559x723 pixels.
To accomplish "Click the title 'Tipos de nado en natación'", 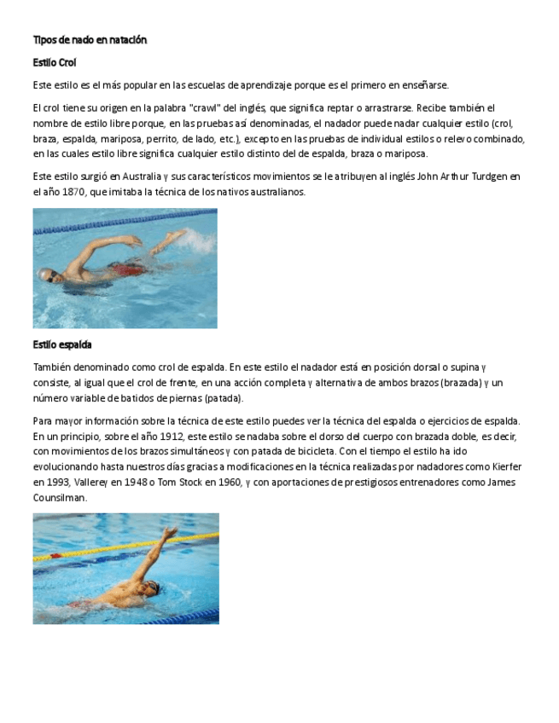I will [90, 40].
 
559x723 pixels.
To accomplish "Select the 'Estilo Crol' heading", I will [55, 62].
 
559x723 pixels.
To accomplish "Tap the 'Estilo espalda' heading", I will [62, 344].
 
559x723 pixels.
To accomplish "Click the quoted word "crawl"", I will [241, 108].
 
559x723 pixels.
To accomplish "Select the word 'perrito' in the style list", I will [161, 139].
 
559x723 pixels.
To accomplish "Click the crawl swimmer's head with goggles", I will [48, 275].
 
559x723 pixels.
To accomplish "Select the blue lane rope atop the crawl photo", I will [125, 218].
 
